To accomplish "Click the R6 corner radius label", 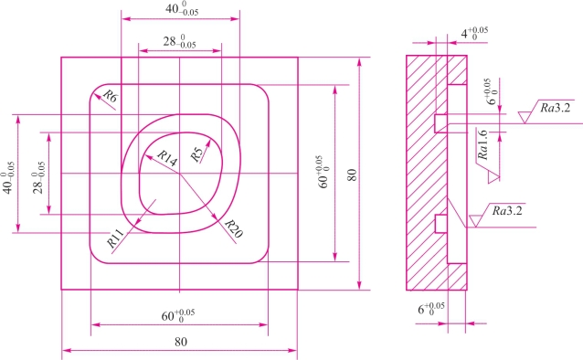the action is pyautogui.click(x=110, y=96).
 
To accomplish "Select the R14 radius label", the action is pyautogui.click(x=166, y=159).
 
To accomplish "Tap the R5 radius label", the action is pyautogui.click(x=197, y=154).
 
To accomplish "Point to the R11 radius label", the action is pyautogui.click(x=115, y=238).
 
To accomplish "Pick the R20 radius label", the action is pyautogui.click(x=234, y=228).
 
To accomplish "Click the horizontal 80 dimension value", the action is pyautogui.click(x=181, y=342).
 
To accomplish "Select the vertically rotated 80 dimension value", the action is pyautogui.click(x=352, y=175).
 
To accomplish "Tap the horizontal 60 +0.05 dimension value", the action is pyautogui.click(x=177, y=316).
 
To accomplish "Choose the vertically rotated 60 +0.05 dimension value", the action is pyautogui.click(x=323, y=172).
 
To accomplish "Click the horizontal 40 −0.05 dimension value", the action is pyautogui.click(x=182, y=9).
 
